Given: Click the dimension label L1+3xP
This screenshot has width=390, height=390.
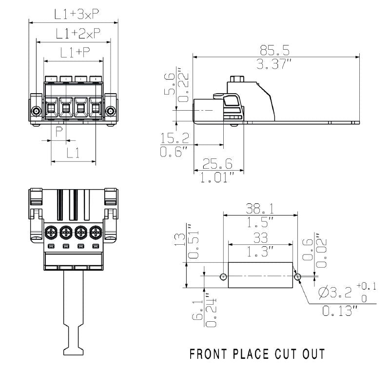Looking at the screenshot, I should pyautogui.click(x=74, y=15).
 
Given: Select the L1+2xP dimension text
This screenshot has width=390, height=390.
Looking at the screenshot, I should pyautogui.click(x=75, y=34).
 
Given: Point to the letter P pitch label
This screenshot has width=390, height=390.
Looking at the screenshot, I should pyautogui.click(x=59, y=132).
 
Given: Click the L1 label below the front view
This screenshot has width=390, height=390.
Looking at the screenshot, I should pyautogui.click(x=74, y=153).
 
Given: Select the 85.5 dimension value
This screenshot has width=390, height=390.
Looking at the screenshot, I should pyautogui.click(x=275, y=50).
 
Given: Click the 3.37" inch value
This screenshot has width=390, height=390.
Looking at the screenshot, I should pyautogui.click(x=275, y=64).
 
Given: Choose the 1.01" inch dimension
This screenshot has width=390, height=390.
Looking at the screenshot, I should pyautogui.click(x=218, y=177).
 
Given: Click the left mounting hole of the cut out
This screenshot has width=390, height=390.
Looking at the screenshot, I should pyautogui.click(x=223, y=277).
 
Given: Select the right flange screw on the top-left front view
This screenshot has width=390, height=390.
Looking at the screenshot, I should pyautogui.click(x=111, y=112).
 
